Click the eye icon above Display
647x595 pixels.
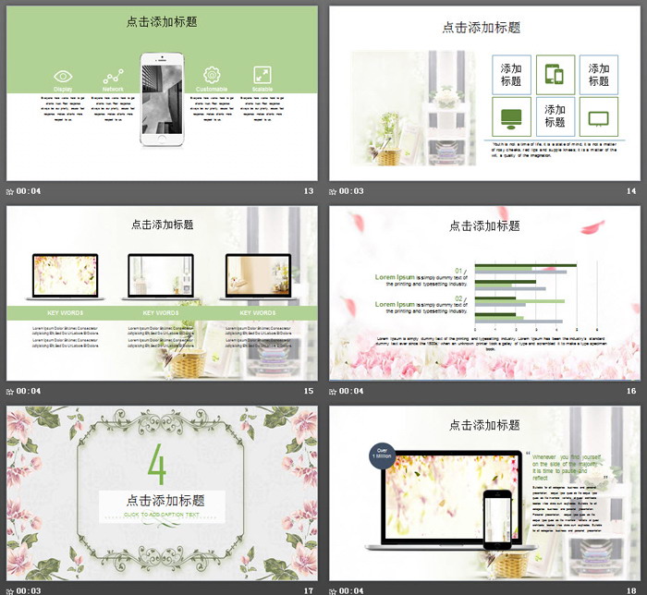coord(63,76)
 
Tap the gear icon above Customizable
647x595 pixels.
coord(212,75)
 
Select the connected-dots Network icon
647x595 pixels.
coord(113,76)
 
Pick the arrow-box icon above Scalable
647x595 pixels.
coord(262,75)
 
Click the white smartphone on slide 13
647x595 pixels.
coord(163,99)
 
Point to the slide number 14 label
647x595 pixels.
coord(631,191)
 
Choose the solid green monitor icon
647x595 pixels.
coord(511,117)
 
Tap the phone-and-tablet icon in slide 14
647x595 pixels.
coord(555,75)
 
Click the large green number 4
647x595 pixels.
coord(157,467)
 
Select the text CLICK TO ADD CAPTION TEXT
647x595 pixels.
coord(163,514)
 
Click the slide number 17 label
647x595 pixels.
coord(309,589)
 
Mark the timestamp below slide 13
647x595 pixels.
coord(24,191)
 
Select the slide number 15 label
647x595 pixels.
coord(309,391)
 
